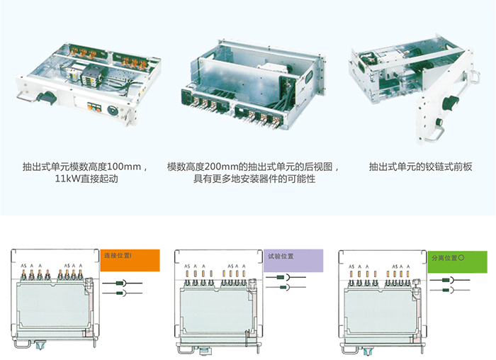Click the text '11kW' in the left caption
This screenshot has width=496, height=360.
(67, 180)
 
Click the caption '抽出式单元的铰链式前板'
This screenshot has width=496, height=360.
(421, 167)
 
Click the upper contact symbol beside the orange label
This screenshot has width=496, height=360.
(119, 281)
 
